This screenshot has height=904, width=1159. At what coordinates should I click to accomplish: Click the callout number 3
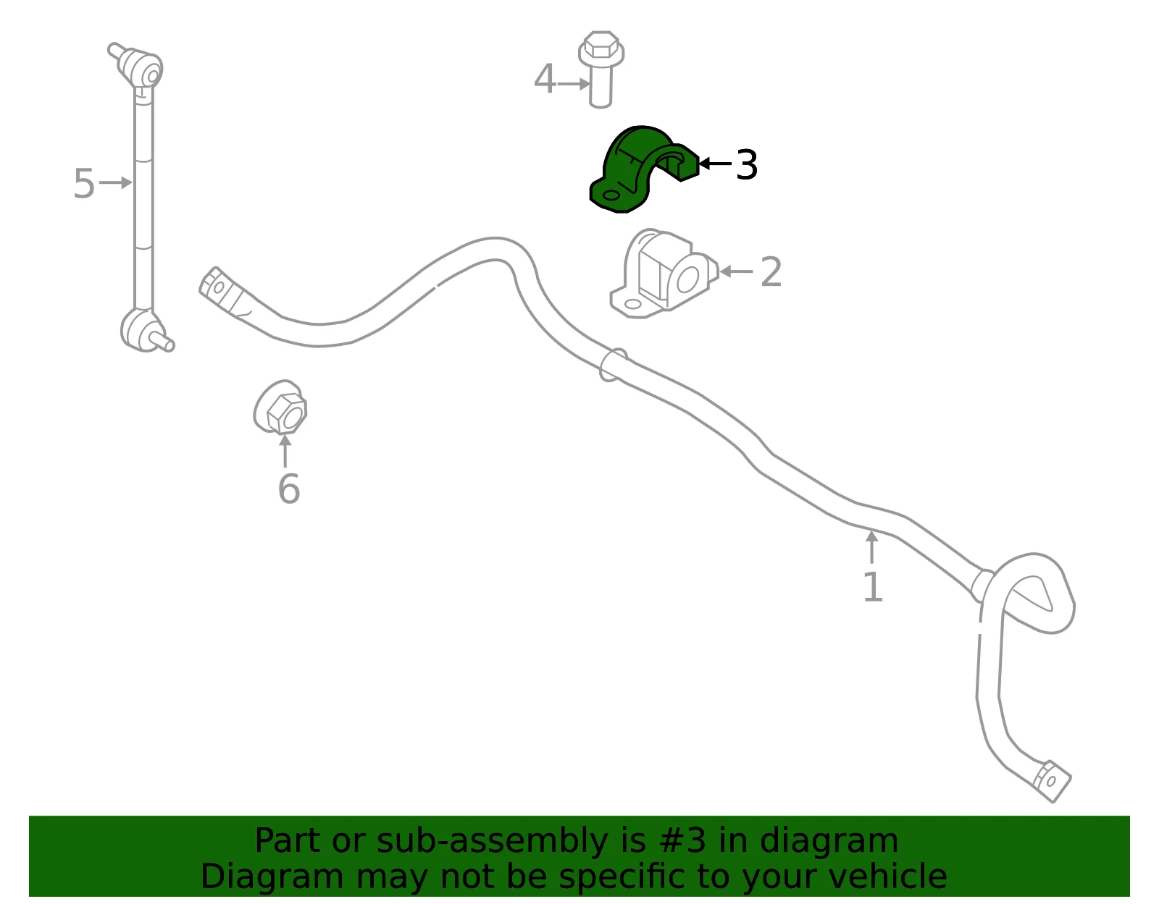tap(746, 164)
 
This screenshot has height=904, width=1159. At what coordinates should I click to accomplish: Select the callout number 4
tap(545, 80)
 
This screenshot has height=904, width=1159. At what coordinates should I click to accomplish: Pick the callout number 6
tap(289, 489)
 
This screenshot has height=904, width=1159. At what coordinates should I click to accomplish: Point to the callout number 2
tap(771, 272)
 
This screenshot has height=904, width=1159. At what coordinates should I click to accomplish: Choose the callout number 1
tap(873, 587)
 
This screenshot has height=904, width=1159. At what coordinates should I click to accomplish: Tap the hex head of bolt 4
tap(601, 48)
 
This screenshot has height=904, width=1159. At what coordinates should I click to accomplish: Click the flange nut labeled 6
tap(280, 407)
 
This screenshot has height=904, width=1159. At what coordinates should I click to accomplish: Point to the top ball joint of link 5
tap(138, 66)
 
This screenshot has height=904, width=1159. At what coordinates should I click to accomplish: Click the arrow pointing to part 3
tap(715, 164)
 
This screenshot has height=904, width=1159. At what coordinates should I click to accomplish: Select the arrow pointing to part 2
tap(736, 271)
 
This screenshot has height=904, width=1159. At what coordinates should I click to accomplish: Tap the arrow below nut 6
tap(285, 451)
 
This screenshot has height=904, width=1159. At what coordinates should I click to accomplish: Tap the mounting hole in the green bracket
tap(611, 195)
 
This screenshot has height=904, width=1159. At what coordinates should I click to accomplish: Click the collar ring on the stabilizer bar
tap(614, 365)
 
